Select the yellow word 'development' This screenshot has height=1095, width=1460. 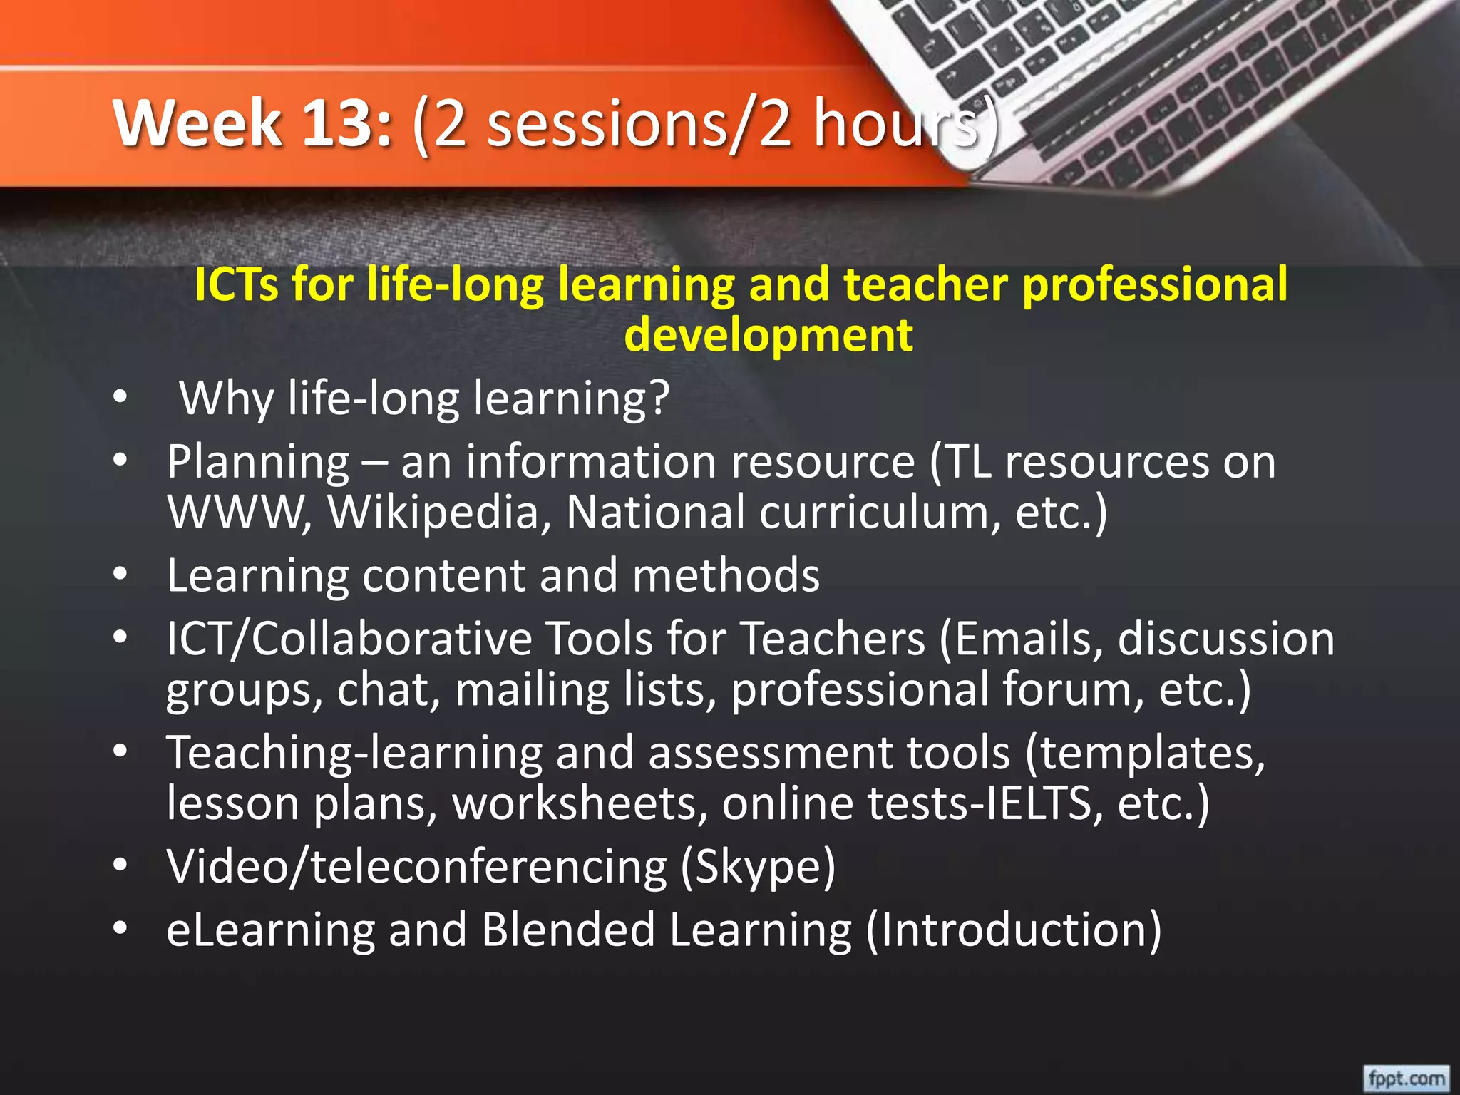point(768,335)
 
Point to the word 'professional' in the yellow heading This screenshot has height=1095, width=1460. point(1155,284)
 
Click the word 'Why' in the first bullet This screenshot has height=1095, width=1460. point(226,399)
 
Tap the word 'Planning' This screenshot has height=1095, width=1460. point(257,462)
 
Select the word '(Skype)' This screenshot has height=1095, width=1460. point(758,866)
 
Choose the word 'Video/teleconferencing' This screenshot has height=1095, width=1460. point(416,866)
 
